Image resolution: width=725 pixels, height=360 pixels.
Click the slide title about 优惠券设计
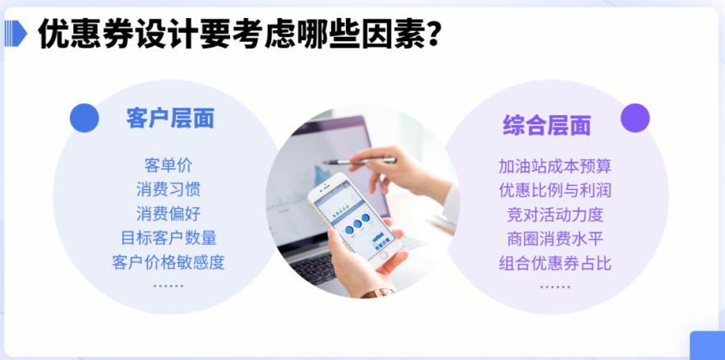point(238,34)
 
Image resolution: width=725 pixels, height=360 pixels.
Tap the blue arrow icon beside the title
point(16,33)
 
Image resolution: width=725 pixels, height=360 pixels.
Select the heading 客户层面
point(170,118)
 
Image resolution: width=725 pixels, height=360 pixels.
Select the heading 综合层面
point(547,125)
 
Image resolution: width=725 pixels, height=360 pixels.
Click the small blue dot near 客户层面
point(84,118)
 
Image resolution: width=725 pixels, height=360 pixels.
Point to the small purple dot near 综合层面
point(635,118)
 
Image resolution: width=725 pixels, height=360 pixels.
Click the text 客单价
point(169,165)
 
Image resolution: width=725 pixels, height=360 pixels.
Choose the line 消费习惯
point(169,189)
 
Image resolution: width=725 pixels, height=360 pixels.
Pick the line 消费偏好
point(169,214)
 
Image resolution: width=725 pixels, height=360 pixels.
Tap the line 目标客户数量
point(169,238)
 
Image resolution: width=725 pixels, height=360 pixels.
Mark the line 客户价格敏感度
point(169,262)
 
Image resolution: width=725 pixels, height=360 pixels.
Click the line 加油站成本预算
point(555,166)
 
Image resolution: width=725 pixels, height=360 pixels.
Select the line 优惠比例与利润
point(555,190)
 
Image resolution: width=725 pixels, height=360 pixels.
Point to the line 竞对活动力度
point(555,215)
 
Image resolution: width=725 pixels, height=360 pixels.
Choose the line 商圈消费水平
point(555,238)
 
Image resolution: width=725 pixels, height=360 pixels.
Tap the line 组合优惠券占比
point(555,263)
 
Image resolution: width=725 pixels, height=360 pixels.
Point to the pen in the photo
point(359,161)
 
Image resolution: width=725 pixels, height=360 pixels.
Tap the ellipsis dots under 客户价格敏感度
point(169,286)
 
